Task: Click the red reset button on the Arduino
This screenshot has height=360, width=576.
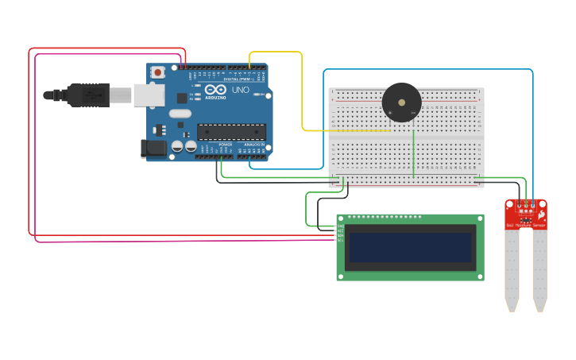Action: point(158,72)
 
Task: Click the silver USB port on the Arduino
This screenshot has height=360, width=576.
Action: point(149,95)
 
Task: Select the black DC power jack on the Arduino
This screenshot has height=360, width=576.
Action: point(153,148)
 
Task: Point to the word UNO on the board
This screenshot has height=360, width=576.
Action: point(241,91)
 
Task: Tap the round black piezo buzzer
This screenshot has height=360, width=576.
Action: point(402,103)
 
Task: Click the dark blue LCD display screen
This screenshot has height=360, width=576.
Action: point(410,247)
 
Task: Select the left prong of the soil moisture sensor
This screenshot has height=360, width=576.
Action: point(512,270)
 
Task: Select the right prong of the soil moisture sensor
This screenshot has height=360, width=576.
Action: point(539,270)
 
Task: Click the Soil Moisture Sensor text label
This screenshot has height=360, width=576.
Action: point(526,226)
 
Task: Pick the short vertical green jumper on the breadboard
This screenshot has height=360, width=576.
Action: point(413,153)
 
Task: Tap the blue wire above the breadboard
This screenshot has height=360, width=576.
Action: point(429,70)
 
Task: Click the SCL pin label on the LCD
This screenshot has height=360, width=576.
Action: point(340,240)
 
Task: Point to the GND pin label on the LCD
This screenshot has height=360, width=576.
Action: point(340,226)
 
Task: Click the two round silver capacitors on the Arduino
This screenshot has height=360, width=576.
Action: point(184,146)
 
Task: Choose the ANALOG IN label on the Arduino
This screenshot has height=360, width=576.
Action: point(253,144)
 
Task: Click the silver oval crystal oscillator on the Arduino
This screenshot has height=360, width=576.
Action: point(180,114)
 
